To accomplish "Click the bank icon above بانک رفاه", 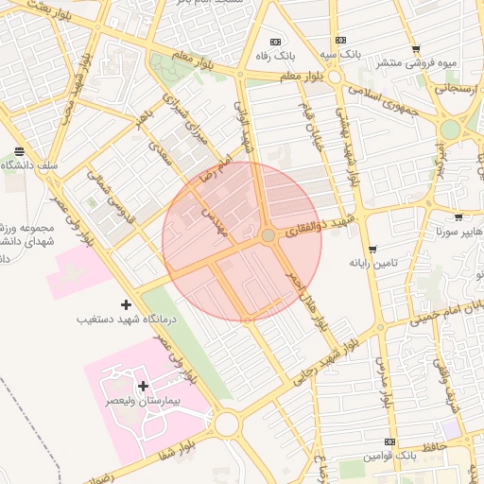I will click(276, 42).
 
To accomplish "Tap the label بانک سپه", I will click(339, 56).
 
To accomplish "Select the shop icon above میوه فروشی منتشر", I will click(416, 49).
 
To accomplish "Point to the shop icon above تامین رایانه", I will click(372, 249).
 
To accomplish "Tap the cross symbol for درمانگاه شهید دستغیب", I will click(127, 304).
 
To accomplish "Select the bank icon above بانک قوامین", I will click(389, 441).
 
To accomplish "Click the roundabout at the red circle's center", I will click(268, 234).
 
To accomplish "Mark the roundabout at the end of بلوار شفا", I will click(226, 423).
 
